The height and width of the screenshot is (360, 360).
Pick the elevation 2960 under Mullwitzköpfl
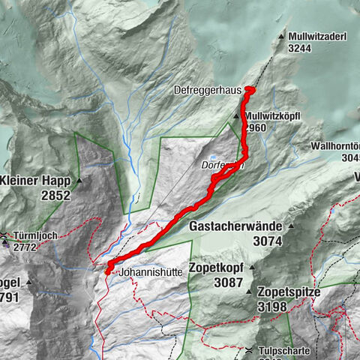[x=256, y=127]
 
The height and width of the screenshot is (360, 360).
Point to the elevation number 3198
[x=279, y=305]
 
